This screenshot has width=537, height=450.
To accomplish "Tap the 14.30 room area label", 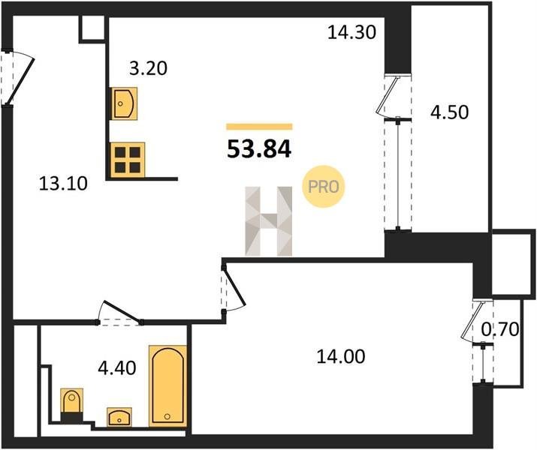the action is click(x=351, y=32).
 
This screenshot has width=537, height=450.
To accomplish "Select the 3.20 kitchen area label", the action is click(x=148, y=68).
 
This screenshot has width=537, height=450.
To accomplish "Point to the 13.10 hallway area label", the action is click(x=63, y=184).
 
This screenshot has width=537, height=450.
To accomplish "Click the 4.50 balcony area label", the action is click(x=449, y=112).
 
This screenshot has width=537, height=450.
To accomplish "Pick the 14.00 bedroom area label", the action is click(x=341, y=357).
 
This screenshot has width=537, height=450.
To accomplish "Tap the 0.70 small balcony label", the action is click(x=500, y=330).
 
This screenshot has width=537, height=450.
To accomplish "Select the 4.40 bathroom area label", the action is click(x=116, y=368).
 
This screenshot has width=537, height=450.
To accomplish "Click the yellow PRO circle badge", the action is click(x=323, y=186).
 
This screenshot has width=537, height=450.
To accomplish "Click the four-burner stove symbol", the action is click(x=128, y=160).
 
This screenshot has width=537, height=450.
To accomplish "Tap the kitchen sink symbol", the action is click(x=124, y=103).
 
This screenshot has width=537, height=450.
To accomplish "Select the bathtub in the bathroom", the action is click(x=167, y=386).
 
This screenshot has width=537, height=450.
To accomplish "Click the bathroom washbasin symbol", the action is click(x=119, y=417).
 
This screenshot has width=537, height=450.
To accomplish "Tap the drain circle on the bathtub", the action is click(x=167, y=416).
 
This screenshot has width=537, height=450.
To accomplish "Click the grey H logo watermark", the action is click(x=269, y=221).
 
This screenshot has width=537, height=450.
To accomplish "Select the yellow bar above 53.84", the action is click(x=259, y=127).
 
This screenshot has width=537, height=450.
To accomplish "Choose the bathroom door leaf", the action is click(x=122, y=311).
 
